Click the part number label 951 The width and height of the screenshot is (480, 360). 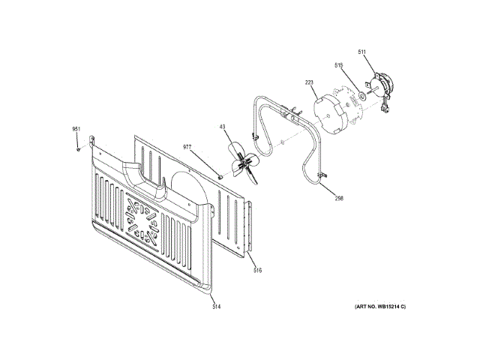point(76,130)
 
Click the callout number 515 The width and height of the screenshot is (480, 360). point(338,65)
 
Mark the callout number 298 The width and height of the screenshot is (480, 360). point(339,198)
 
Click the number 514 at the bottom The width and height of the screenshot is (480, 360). point(216,306)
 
